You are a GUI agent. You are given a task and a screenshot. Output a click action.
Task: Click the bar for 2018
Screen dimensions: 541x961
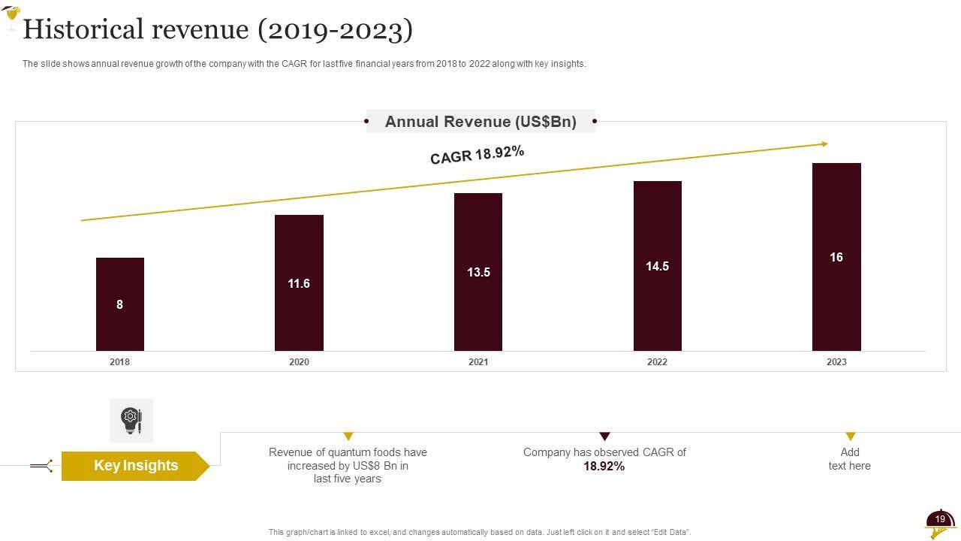(x=120, y=304)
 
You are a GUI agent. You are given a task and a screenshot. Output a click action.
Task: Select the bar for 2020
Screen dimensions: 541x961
(x=299, y=283)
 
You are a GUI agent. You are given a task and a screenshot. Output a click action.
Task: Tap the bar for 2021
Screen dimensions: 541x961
(x=478, y=271)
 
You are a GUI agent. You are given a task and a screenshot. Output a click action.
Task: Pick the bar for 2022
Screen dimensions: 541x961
(x=658, y=266)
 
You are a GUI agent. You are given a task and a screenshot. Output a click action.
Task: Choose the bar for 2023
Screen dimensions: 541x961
(x=836, y=257)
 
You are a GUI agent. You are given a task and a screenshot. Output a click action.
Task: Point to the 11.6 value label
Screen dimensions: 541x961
(x=299, y=283)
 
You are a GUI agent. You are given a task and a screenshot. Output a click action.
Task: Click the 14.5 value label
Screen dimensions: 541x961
(x=658, y=266)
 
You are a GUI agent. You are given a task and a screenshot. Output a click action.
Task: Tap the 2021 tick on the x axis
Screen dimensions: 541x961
(x=478, y=362)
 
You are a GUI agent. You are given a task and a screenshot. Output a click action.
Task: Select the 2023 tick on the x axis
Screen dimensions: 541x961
(x=836, y=362)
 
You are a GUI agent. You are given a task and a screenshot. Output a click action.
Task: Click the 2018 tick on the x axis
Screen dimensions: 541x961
(x=119, y=362)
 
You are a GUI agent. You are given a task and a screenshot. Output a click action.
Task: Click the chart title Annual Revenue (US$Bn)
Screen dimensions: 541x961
(x=480, y=122)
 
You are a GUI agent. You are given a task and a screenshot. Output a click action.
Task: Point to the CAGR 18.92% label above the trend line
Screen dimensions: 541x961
(x=477, y=155)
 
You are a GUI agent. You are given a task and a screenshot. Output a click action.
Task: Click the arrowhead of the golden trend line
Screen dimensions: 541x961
(x=824, y=144)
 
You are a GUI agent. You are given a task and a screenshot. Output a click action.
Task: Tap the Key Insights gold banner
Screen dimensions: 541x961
(x=135, y=466)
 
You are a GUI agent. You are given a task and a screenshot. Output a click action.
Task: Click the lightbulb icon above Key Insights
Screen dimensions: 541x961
(x=131, y=420)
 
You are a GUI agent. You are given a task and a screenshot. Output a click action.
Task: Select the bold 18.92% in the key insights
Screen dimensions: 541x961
(x=604, y=467)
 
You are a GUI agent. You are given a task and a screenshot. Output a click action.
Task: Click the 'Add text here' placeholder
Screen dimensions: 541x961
(x=850, y=459)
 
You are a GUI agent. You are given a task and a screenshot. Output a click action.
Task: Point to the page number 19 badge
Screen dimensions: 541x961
(x=940, y=519)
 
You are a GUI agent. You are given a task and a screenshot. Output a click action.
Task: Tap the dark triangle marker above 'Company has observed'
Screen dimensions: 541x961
(x=605, y=437)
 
